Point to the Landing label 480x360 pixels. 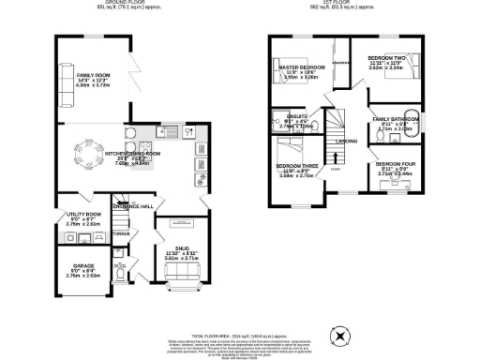coord(346,142)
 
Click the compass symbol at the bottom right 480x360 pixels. coord(340,333)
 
